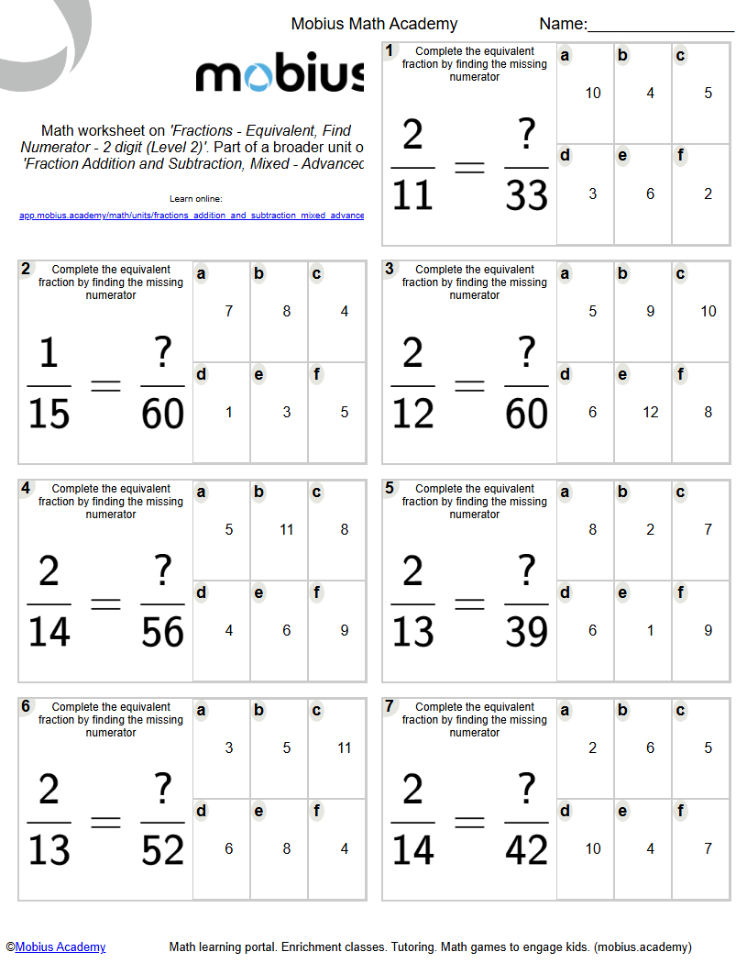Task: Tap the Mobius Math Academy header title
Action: point(374,24)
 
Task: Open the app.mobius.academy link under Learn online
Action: point(192,216)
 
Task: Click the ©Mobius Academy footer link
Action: point(56,946)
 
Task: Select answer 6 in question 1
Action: point(651,194)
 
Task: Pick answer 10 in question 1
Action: point(593,93)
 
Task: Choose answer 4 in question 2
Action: point(345,311)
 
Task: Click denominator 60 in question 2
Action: point(163,415)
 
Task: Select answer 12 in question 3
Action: point(651,412)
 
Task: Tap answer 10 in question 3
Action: point(709,311)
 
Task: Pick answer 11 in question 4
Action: point(287,529)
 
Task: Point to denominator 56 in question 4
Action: point(163,633)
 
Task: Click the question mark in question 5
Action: point(527,572)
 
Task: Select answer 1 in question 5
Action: point(651,630)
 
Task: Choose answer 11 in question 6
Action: point(345,747)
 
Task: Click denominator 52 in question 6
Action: point(163,851)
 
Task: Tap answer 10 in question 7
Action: point(593,848)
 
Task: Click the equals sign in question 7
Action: point(469,823)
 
